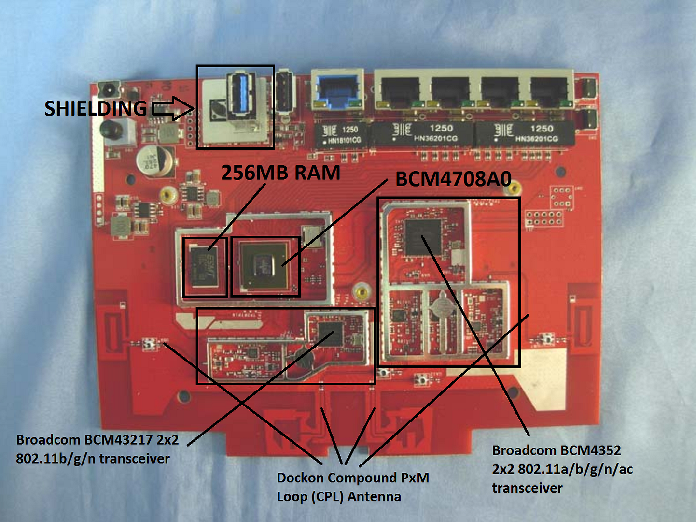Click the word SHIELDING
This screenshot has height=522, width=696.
coord(96,108)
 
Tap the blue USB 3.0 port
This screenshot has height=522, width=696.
coord(240,94)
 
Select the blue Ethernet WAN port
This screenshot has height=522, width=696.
coord(337,90)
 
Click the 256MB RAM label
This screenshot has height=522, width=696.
coord(280,173)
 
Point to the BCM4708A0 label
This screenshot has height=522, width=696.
coord(453,179)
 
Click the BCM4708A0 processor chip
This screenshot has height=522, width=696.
coord(265,265)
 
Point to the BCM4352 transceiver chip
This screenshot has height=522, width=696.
coord(423,237)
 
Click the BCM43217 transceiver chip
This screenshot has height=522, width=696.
coord(330,333)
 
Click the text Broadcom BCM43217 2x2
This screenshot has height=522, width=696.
coord(97,440)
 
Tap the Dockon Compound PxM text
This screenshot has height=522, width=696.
coord(352,478)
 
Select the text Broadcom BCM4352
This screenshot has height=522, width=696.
coord(556,450)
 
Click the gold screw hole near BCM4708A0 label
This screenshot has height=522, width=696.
coord(515,187)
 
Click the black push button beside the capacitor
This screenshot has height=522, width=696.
coord(110,130)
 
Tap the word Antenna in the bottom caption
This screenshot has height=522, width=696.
coord(374,497)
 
